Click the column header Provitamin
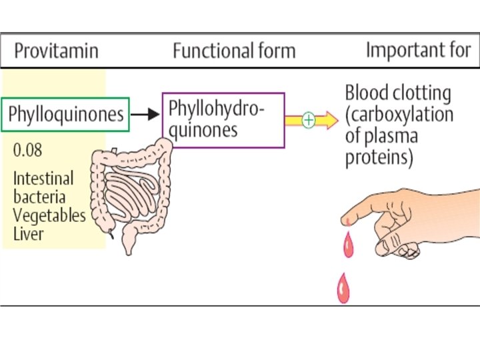pyautogui.click(x=57, y=51)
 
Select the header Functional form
pyautogui.click(x=233, y=51)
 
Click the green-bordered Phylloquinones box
pyautogui.click(x=66, y=114)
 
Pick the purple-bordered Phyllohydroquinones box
pyautogui.click(x=223, y=119)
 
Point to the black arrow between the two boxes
pyautogui.click(x=145, y=114)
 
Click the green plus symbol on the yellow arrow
pyautogui.click(x=309, y=120)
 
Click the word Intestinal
pyautogui.click(x=43, y=179)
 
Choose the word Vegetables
pyautogui.click(x=49, y=215)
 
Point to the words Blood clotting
pyautogui.click(x=397, y=93)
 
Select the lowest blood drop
pyautogui.click(x=343, y=290)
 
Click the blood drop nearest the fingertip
pyautogui.click(x=349, y=246)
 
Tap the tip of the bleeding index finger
pyautogui.click(x=348, y=218)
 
